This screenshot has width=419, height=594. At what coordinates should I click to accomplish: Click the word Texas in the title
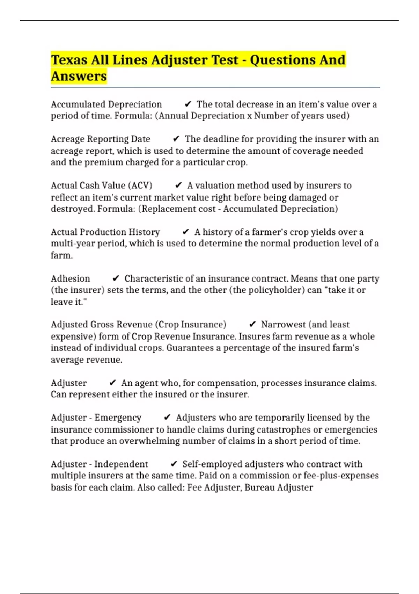pyautogui.click(x=69, y=60)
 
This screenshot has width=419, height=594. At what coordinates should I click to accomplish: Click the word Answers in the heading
pyautogui.click(x=79, y=76)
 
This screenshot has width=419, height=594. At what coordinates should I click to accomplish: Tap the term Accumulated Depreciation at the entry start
pyautogui.click(x=106, y=104)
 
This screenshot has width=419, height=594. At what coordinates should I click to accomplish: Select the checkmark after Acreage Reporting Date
pyautogui.click(x=176, y=139)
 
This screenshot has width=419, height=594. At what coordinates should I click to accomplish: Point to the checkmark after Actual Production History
pyautogui.click(x=186, y=232)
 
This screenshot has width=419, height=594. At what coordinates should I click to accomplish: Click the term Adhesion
pyautogui.click(x=70, y=278)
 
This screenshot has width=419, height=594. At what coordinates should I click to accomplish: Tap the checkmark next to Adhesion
pyautogui.click(x=116, y=278)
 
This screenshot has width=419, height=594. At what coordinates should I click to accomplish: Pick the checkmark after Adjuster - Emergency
pyautogui.click(x=167, y=418)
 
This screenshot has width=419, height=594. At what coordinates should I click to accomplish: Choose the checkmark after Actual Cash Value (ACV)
pyautogui.click(x=178, y=186)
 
